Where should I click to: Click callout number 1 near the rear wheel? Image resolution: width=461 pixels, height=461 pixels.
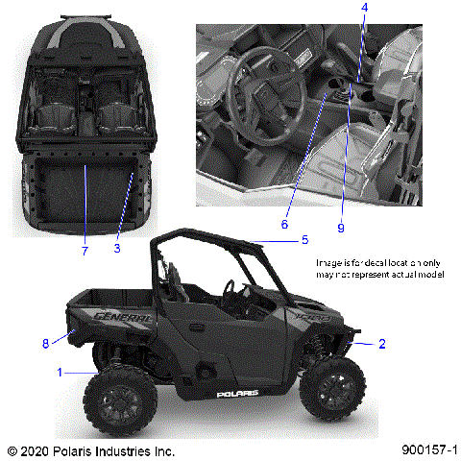[60, 371]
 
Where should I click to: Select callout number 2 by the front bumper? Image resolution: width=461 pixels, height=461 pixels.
[382, 343]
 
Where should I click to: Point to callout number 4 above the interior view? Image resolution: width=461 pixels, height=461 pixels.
[364, 8]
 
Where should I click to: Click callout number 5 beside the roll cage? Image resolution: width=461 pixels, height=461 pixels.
[304, 239]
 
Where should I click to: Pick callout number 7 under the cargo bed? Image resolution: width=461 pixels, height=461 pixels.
[85, 251]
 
